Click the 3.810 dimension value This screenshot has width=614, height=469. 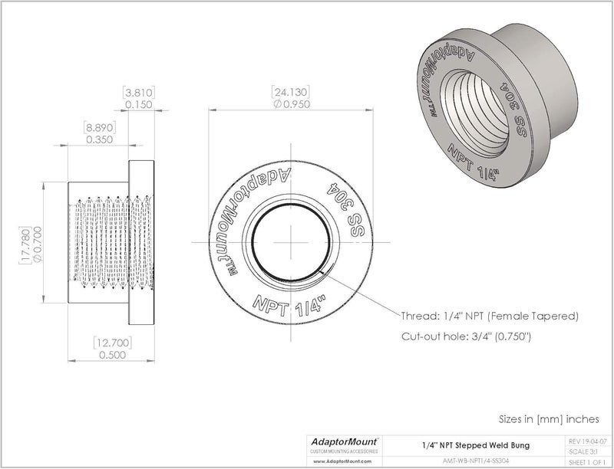click(x=139, y=93)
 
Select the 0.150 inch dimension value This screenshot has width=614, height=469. click(x=139, y=105)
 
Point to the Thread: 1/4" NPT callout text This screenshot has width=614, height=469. click(x=490, y=316)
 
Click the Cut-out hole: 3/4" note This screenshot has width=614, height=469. click(x=467, y=336)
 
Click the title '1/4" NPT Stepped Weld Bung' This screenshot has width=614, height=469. click(x=474, y=444)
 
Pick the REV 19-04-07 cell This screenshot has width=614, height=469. click(x=587, y=441)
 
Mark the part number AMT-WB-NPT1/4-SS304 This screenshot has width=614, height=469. click(x=474, y=461)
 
